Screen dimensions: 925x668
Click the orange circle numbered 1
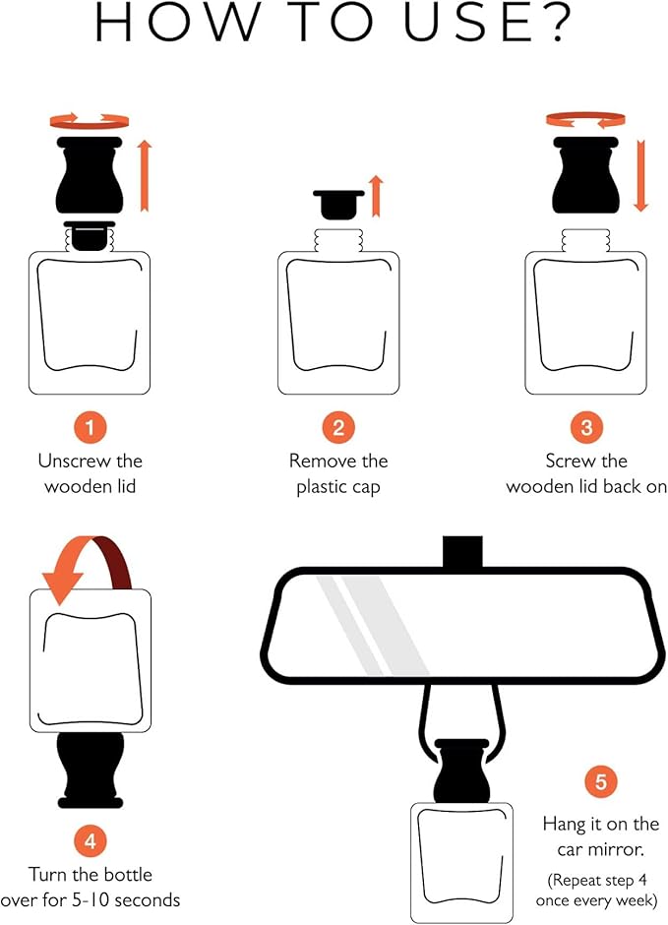(x=91, y=428)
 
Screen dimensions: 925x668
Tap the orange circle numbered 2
(x=338, y=428)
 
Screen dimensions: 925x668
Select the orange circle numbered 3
(x=586, y=428)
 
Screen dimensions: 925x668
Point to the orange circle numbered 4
(x=91, y=840)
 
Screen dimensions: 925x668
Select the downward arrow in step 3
(x=640, y=175)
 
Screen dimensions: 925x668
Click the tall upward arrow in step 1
(x=145, y=175)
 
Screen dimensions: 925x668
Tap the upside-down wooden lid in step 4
(x=91, y=770)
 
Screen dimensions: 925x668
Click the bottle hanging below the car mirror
(x=461, y=862)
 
